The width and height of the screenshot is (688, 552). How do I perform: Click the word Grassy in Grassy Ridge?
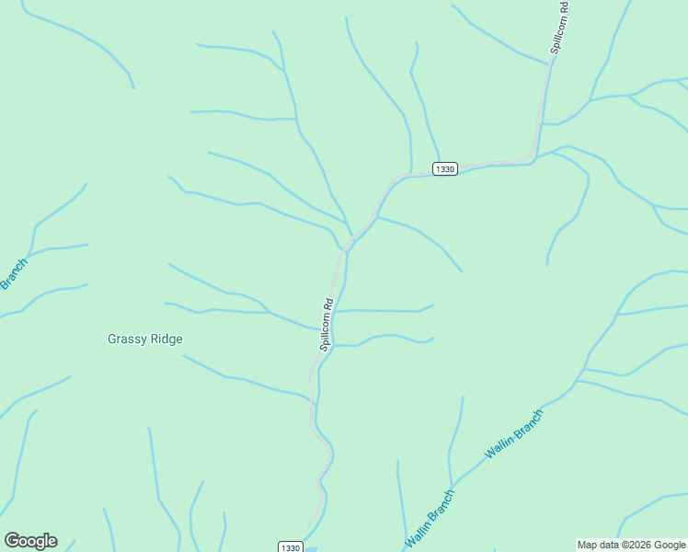pyautogui.click(x=127, y=339)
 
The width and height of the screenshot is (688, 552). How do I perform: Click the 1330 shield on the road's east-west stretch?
pyautogui.click(x=445, y=169)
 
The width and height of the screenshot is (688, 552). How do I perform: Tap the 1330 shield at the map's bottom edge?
pyautogui.click(x=290, y=546)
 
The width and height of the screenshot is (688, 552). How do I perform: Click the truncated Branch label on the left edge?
pyautogui.click(x=13, y=275)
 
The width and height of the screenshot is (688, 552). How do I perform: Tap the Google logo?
pyautogui.click(x=30, y=541)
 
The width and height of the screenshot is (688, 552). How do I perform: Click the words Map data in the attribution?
pyautogui.click(x=598, y=545)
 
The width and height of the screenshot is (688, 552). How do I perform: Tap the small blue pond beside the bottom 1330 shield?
pyautogui.click(x=310, y=549)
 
